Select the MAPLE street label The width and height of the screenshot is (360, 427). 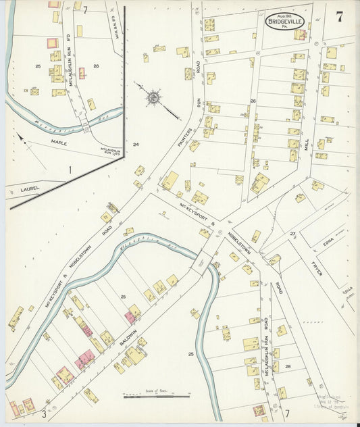pos(59,142)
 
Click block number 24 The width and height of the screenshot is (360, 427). pos(135,145)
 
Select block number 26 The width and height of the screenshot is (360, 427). pos(253,101)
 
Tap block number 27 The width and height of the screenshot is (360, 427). pos(292,233)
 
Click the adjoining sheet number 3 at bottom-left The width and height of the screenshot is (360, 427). pos(45,412)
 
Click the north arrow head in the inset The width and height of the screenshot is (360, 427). pos(20,136)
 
